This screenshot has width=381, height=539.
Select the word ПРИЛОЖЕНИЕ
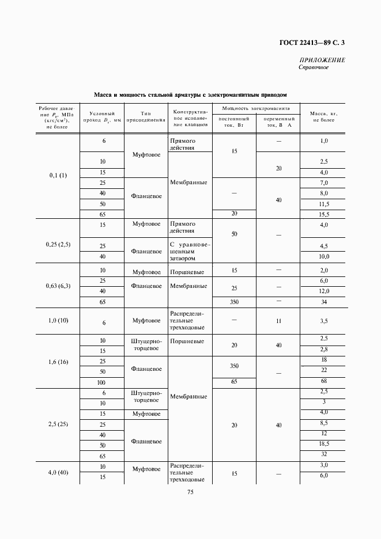tap(322, 60)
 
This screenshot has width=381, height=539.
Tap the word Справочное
tap(314, 68)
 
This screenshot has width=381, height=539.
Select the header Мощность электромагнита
tap(256, 108)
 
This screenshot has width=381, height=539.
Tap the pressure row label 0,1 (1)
tap(58, 176)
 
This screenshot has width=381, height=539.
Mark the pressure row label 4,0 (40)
tap(58, 472)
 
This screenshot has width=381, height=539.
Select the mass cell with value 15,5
tap(323, 214)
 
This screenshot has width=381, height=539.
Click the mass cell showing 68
tap(323, 381)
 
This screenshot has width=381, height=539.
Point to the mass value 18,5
tap(323, 443)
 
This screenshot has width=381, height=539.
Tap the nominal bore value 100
tap(102, 382)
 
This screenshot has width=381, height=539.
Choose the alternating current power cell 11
tap(278, 321)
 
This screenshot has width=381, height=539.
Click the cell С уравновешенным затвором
tap(190, 251)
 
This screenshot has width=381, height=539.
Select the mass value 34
tap(323, 302)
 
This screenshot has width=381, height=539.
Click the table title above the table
tap(190, 94)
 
